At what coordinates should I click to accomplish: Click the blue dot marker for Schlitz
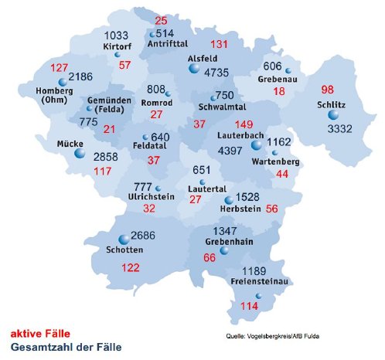334,115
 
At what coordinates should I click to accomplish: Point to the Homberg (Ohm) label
60,96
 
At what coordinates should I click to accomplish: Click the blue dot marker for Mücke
80,154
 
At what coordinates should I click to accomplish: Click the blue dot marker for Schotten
124,240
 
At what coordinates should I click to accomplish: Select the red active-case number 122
131,267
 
